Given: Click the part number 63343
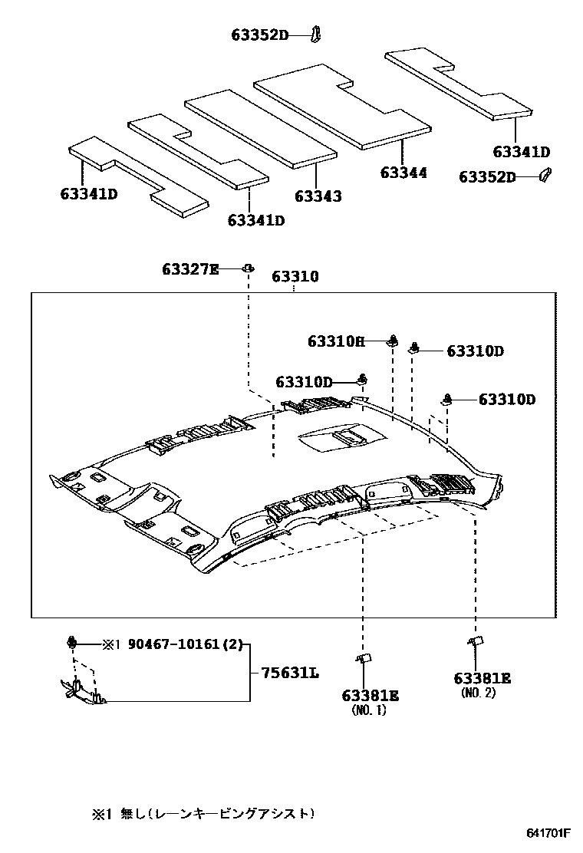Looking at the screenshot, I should click(318, 197).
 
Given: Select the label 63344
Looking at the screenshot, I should click(403, 173).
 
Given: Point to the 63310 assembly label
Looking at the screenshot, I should click(295, 276).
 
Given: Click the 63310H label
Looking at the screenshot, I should click(336, 341).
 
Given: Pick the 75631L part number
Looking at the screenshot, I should click(290, 673).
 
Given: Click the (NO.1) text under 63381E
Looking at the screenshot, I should click(369, 710).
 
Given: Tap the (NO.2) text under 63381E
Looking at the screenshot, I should click(479, 693).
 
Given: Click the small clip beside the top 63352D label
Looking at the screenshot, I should click(316, 33).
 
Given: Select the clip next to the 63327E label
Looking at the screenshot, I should click(249, 268).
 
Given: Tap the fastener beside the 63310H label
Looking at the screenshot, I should click(393, 341).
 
